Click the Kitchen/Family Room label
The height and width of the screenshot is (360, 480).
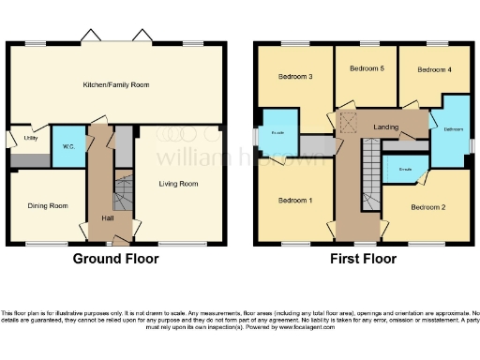pos(117,84)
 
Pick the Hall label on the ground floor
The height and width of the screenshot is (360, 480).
pos(109,218)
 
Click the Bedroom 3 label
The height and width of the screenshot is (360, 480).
pos(296,77)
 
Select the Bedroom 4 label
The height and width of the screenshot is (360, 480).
pos(433,69)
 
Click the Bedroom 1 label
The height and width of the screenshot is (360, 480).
pos(295,200)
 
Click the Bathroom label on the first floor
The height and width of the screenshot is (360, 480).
pos(454,128)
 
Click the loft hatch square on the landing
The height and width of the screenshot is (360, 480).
pos(348,122)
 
